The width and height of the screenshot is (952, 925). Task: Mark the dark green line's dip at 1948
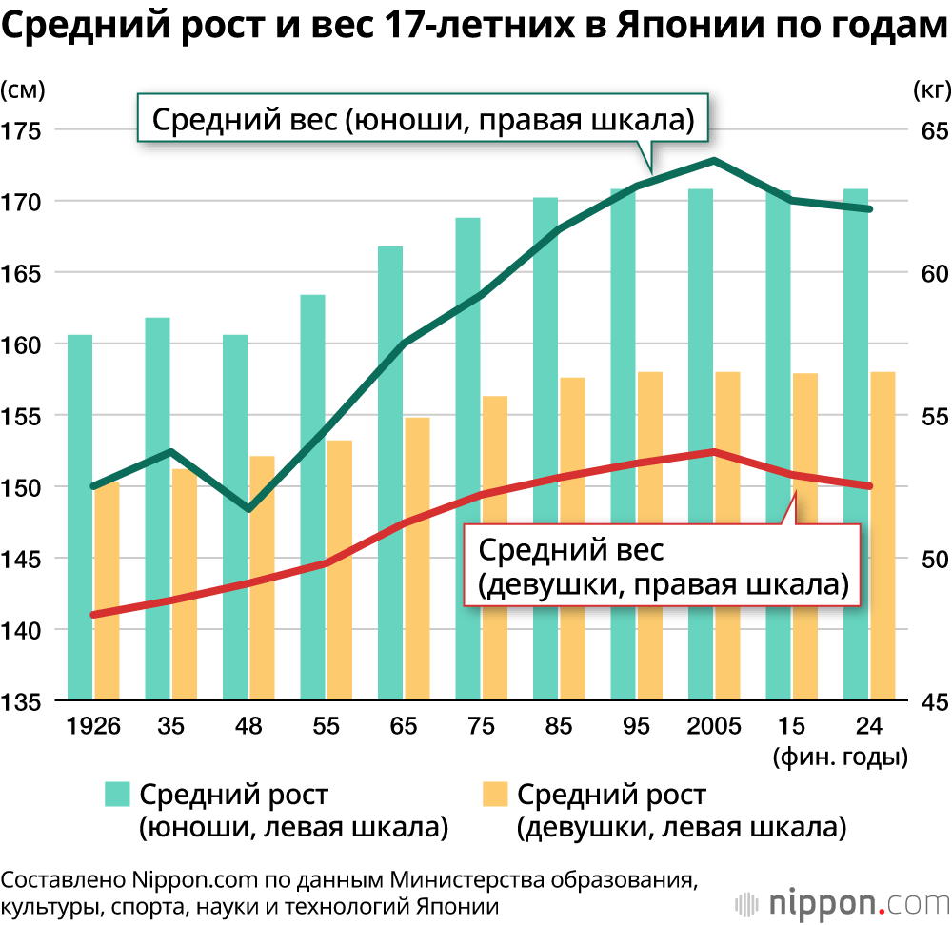(248, 509)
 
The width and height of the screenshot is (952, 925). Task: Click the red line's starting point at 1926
(93, 615)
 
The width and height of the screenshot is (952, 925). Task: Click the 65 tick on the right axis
(930, 130)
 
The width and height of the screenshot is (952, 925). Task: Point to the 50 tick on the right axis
(930, 559)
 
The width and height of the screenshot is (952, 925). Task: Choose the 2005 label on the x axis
(714, 728)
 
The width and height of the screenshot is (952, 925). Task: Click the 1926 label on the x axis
(93, 728)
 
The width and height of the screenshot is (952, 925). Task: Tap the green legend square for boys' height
(116, 795)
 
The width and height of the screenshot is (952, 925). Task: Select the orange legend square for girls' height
(494, 795)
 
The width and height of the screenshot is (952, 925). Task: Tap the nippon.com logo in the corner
(843, 899)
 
